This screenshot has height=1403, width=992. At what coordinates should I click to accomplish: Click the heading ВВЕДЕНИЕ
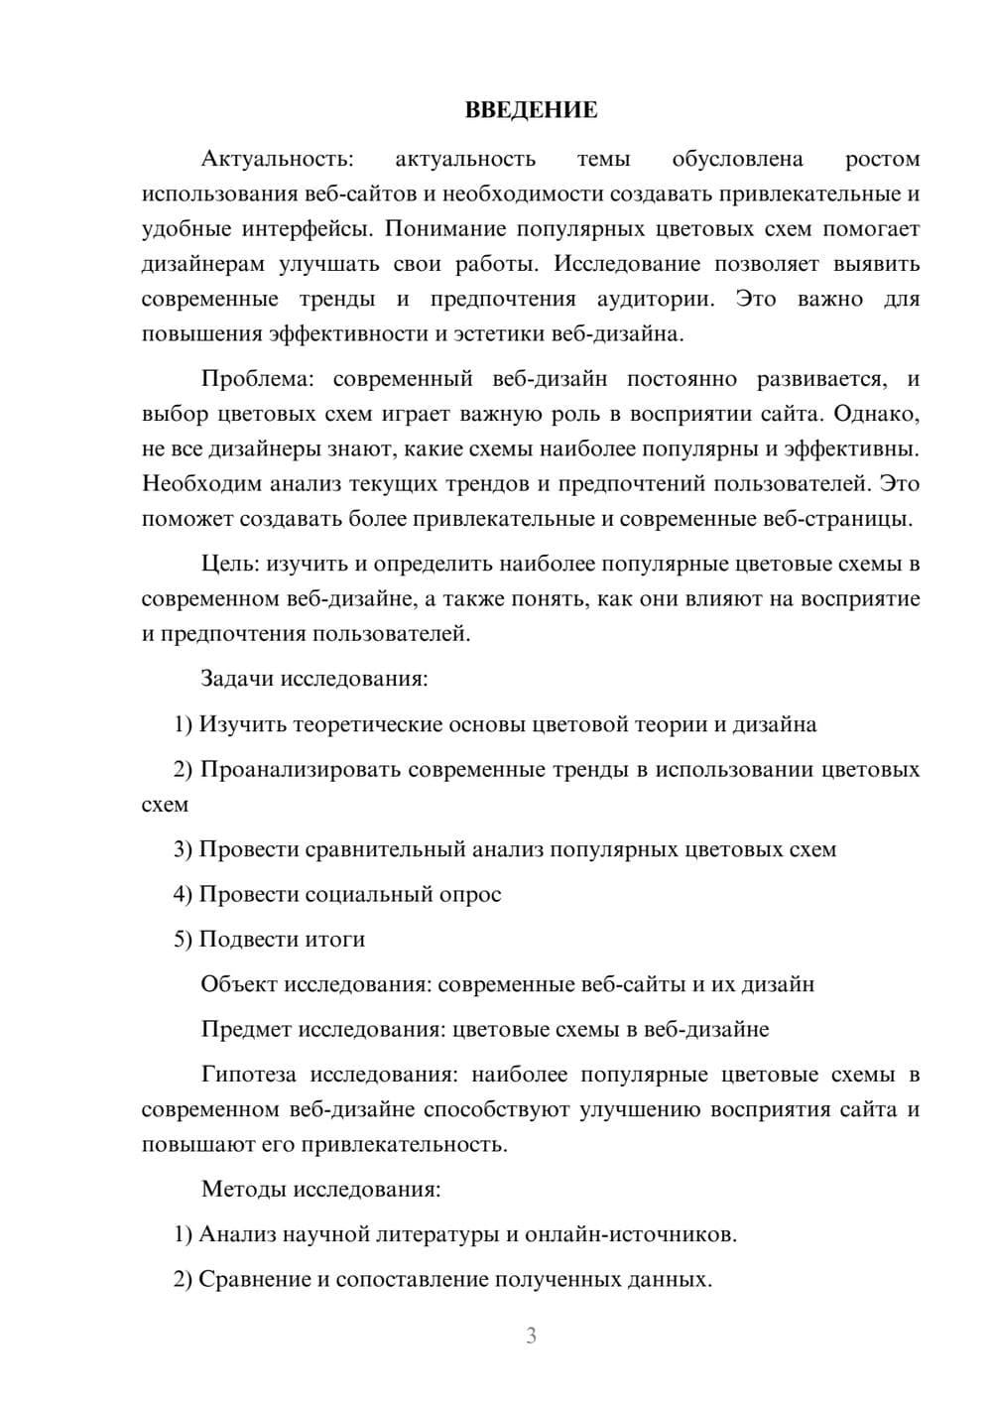click(531, 110)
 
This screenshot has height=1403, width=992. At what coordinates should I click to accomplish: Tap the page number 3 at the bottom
click(531, 1336)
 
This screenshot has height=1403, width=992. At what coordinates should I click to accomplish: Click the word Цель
click(229, 564)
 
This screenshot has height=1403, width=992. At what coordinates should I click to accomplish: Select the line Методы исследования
click(320, 1189)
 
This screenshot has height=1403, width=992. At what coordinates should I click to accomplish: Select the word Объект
click(239, 984)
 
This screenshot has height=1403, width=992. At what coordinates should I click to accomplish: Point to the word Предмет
click(244, 1029)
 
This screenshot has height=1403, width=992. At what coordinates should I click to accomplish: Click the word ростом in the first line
click(882, 159)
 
